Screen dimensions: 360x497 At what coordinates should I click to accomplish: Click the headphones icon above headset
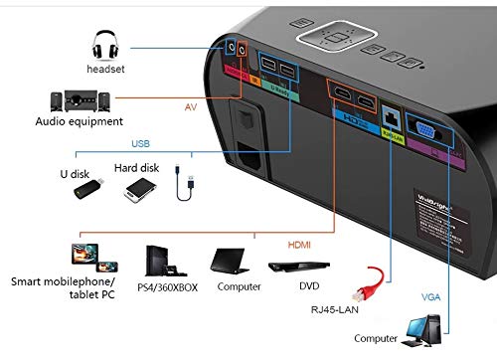pos(105,46)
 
